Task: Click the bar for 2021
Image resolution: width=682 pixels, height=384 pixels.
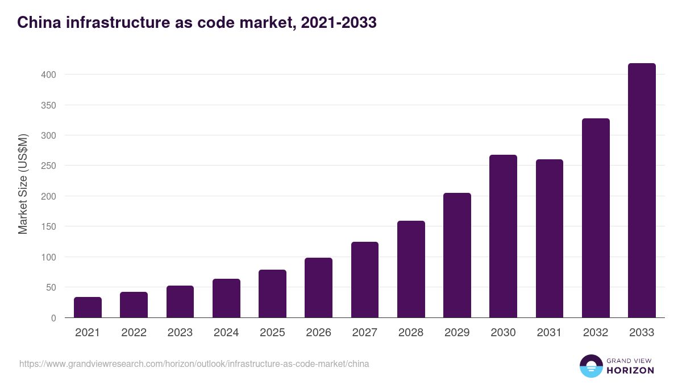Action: tap(88, 307)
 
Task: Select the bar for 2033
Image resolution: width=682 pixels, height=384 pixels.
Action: tap(642, 191)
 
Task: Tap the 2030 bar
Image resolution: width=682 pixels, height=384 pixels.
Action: tap(503, 236)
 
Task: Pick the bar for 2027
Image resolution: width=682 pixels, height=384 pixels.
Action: tap(365, 280)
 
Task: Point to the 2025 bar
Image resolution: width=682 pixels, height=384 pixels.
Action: tap(272, 294)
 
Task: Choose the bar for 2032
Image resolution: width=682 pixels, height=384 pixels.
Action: tap(596, 218)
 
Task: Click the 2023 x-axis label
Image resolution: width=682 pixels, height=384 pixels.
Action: tap(180, 333)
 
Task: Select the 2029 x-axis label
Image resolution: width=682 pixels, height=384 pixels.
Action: tap(457, 333)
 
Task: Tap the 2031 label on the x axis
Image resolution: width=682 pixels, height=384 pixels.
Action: tap(550, 333)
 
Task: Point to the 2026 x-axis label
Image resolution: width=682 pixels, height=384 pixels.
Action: tap(318, 333)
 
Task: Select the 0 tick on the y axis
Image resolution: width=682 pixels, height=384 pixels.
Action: tap(53, 318)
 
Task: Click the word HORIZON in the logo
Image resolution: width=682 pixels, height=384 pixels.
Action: tap(631, 370)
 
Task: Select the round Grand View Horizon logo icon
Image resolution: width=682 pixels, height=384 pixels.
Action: tap(590, 366)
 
